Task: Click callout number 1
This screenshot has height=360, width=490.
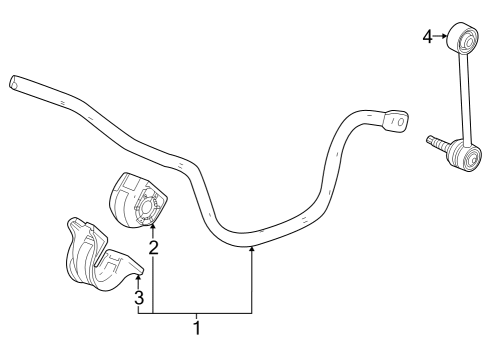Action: (197, 327)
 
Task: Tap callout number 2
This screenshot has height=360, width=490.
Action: (153, 246)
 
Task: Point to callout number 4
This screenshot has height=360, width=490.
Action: (427, 37)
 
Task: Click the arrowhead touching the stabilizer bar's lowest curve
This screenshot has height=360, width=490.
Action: (252, 249)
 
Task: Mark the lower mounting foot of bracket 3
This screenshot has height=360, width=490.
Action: (125, 268)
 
